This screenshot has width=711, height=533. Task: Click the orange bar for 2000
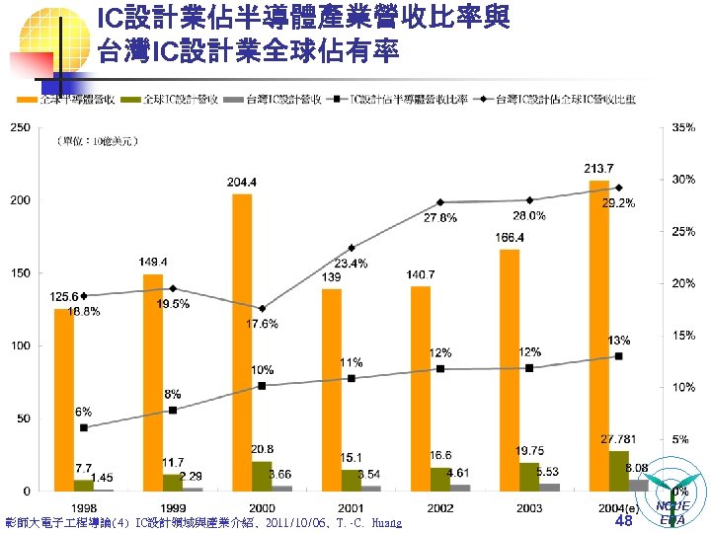click(242, 342)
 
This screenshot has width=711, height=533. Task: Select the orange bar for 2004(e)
click(598, 336)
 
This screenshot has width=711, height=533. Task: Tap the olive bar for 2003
click(529, 476)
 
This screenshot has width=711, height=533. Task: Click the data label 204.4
click(242, 183)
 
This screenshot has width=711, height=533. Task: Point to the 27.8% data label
click(440, 218)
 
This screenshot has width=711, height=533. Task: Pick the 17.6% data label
click(261, 324)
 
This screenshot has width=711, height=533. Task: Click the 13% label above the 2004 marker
click(619, 340)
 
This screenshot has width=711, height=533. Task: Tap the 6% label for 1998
click(83, 412)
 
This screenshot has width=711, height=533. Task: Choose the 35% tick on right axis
click(683, 127)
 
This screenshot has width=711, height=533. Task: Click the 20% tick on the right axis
click(683, 283)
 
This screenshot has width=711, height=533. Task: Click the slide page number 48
click(622, 520)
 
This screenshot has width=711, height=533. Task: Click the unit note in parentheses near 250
click(96, 142)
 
